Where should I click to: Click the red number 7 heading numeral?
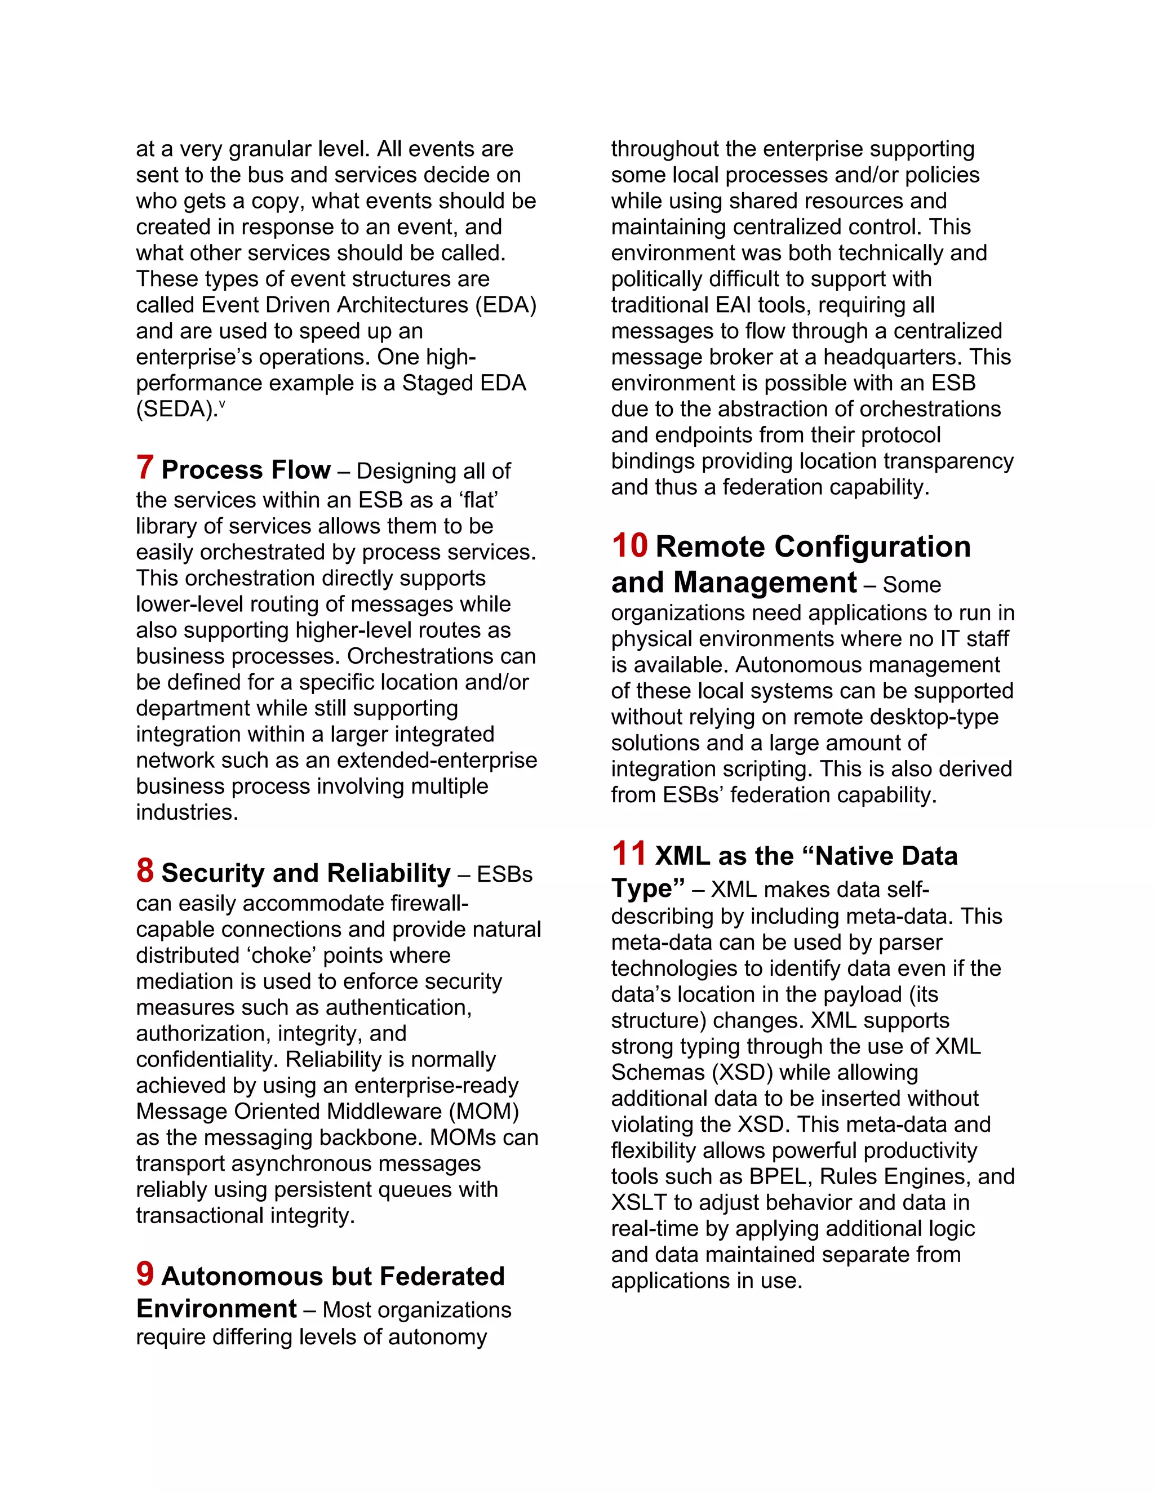[144, 468]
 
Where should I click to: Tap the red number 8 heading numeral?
[144, 872]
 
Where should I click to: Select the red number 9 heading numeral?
[144, 1274]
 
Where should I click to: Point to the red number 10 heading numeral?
[629, 546]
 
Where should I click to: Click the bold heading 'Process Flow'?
[246, 470]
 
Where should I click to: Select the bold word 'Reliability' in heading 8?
[388, 874]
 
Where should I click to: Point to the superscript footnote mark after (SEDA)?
[222, 404]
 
